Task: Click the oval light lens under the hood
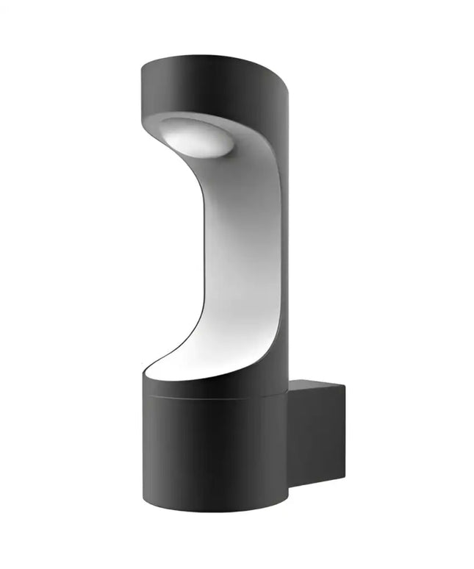pos(195,137)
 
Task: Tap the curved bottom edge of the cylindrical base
pos(213,514)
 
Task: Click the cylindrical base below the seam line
pos(213,456)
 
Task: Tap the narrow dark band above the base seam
pos(213,390)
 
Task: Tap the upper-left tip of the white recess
pos(162,122)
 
